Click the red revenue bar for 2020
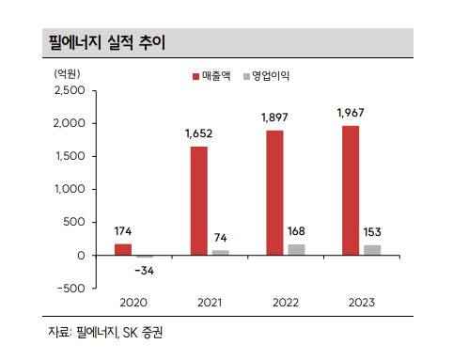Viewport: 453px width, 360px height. pyautogui.click(x=123, y=249)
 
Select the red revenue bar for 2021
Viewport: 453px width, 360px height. pyautogui.click(x=199, y=201)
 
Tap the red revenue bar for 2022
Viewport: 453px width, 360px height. pyautogui.click(x=274, y=193)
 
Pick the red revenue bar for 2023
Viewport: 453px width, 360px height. pyautogui.click(x=351, y=191)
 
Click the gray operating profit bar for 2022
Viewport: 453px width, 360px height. pyautogui.click(x=296, y=250)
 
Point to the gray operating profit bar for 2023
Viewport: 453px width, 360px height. pyautogui.click(x=372, y=250)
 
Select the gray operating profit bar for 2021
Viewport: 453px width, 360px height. pyautogui.click(x=221, y=253)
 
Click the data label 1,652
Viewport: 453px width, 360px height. pyautogui.click(x=198, y=133)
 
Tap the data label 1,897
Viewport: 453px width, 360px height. pyautogui.click(x=274, y=117)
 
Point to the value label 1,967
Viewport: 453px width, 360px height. pyautogui.click(x=351, y=113)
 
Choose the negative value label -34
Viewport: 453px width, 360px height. pyautogui.click(x=145, y=271)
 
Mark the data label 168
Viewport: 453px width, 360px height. pyautogui.click(x=296, y=231)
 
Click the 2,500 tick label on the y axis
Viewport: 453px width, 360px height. pyautogui.click(x=70, y=90)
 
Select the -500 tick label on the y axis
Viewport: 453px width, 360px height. pyautogui.click(x=71, y=289)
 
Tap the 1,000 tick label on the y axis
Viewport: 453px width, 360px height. pyautogui.click(x=70, y=189)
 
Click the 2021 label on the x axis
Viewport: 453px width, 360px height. pyautogui.click(x=210, y=303)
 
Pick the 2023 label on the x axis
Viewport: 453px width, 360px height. pyautogui.click(x=362, y=303)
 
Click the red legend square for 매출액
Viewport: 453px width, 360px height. pyautogui.click(x=195, y=76)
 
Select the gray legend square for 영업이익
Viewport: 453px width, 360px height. pyautogui.click(x=246, y=76)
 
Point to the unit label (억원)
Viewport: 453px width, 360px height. pyautogui.click(x=67, y=74)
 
